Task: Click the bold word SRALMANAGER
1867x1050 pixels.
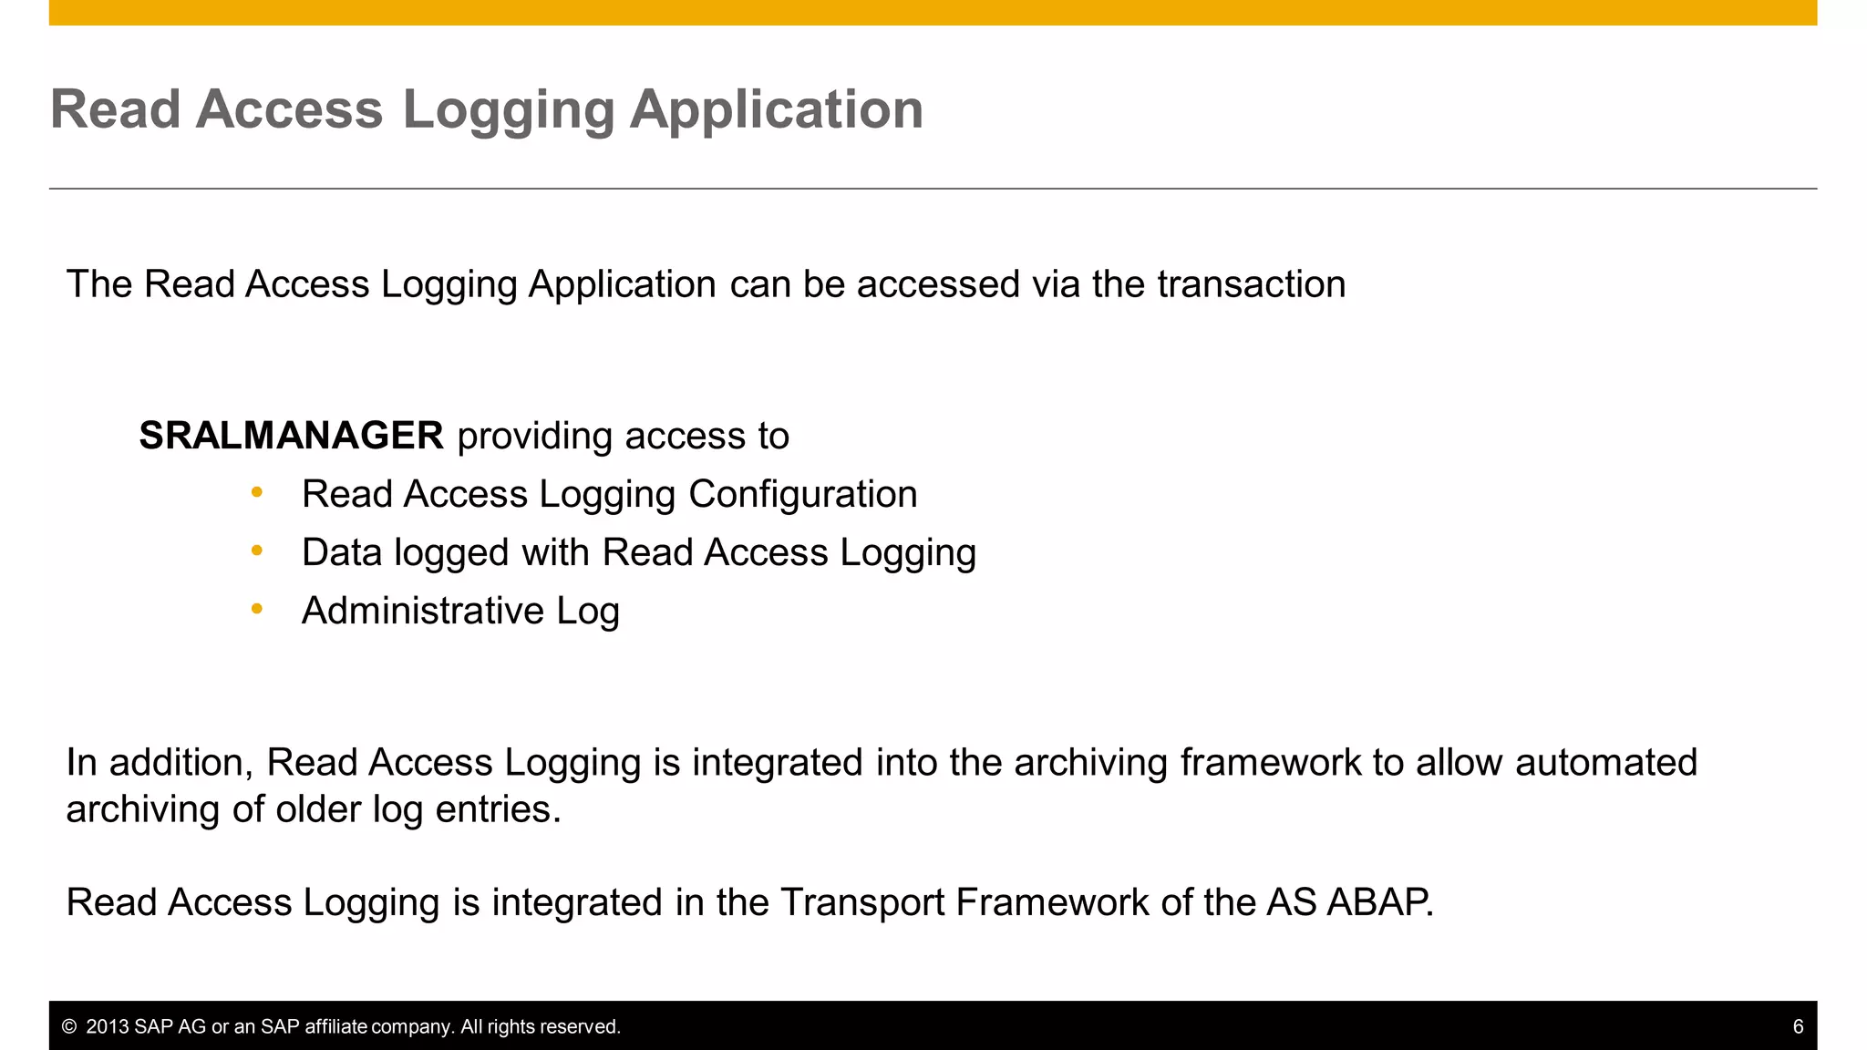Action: click(291, 436)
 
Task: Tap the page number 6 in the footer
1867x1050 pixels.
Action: click(1798, 1026)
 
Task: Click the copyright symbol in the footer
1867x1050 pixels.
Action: click(68, 1026)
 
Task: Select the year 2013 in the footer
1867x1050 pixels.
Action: click(107, 1026)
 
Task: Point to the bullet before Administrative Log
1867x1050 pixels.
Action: click(257, 609)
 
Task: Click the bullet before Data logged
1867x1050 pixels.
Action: click(257, 551)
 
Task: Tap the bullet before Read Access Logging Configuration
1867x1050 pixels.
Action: click(257, 492)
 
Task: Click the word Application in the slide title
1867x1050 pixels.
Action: click(776, 110)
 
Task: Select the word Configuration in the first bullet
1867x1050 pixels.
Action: click(802, 494)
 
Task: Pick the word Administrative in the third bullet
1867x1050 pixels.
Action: click(422, 611)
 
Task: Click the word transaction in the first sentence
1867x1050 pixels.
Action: click(1251, 284)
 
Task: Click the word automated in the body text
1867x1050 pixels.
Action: click(1605, 762)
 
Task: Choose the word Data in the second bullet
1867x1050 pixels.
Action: click(341, 552)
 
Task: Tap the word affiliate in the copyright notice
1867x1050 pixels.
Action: click(335, 1026)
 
